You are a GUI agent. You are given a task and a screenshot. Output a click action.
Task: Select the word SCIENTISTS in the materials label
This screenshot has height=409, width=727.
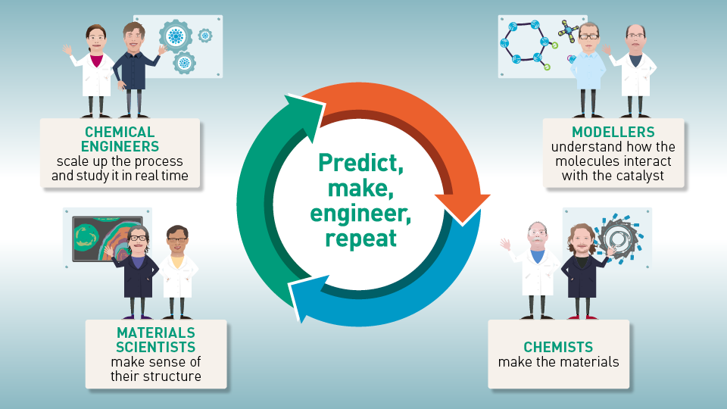155,347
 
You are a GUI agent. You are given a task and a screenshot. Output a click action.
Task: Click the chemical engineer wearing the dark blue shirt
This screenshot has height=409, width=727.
137,64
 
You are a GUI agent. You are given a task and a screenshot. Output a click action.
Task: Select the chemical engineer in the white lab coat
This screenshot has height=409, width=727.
95,68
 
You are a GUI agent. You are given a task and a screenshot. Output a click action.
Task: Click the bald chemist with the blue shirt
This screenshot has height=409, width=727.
536,265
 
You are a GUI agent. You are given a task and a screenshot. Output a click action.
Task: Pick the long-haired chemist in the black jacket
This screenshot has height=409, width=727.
581,265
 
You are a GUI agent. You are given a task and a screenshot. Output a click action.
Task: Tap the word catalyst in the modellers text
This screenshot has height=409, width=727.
633,175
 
